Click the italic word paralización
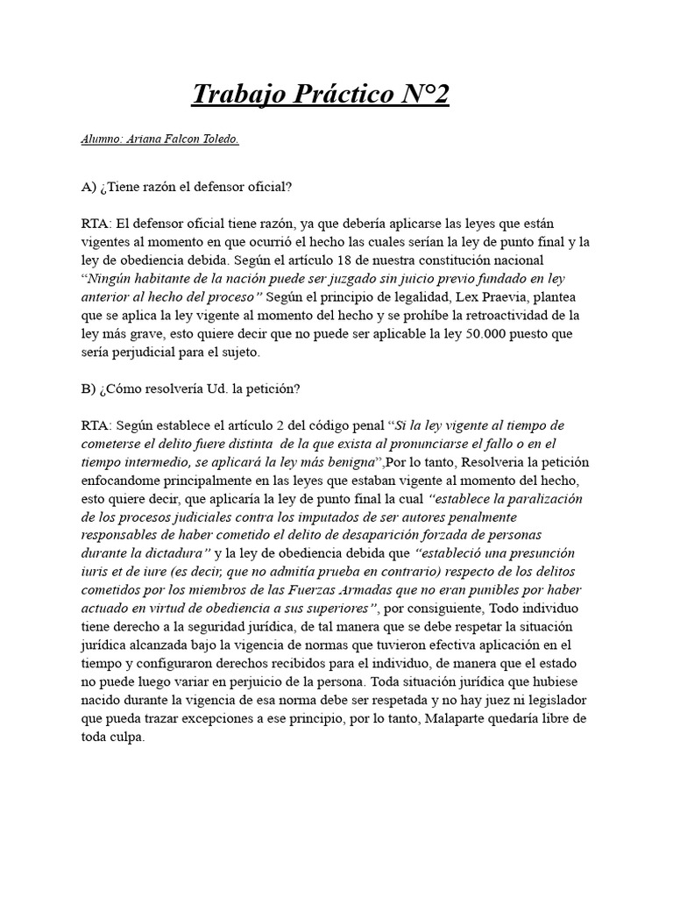pos(540,499)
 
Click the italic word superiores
pos(330,609)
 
